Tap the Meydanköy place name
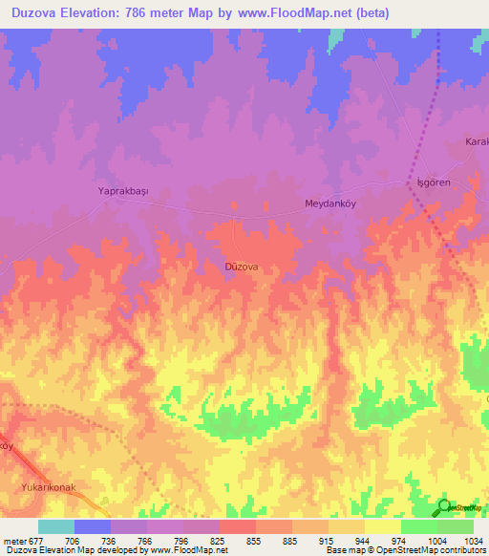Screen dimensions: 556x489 pos(330,203)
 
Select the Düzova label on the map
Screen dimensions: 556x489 pos(241,267)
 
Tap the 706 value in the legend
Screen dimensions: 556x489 pos(72,540)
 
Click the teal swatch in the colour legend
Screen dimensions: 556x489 pos(56,526)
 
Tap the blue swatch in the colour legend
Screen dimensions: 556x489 pos(93,526)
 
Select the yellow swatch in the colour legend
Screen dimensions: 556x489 pos(382,526)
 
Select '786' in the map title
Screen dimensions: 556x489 pos(154,12)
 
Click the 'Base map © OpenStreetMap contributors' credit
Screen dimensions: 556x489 pos(405,550)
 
